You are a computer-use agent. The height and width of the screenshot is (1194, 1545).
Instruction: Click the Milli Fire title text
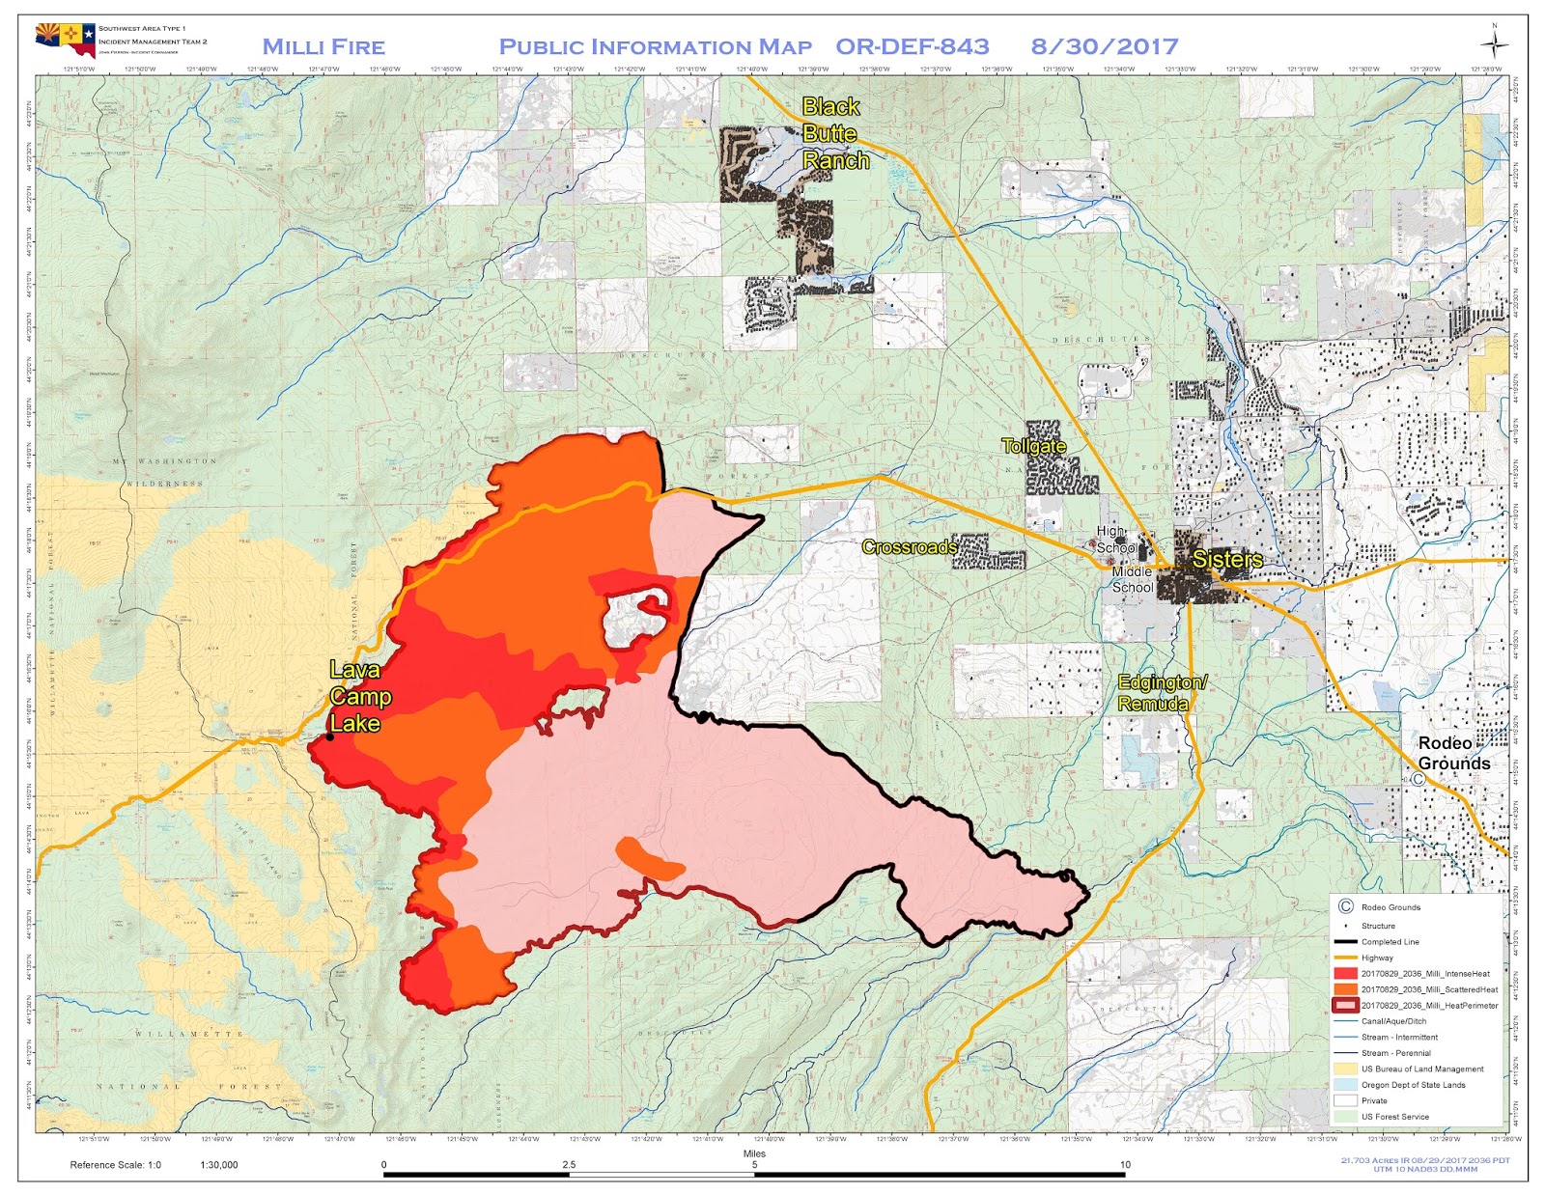point(323,46)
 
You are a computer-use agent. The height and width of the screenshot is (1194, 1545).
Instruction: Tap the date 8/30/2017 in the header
point(1104,46)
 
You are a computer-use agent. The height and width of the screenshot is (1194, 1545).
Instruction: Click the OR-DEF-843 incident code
point(912,46)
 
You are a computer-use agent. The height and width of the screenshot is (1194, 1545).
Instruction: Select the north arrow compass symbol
point(1494,44)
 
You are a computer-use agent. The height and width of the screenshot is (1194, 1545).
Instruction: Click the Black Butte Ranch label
point(834,133)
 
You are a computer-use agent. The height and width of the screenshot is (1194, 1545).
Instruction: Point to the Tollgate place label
point(1033,446)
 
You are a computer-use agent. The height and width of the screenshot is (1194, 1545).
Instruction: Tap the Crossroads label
point(909,547)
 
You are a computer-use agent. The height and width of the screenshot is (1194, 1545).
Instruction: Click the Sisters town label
point(1227,560)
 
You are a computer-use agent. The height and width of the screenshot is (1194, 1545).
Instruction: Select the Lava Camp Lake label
point(359,696)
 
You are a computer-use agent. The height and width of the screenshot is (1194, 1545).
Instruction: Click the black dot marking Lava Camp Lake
point(330,736)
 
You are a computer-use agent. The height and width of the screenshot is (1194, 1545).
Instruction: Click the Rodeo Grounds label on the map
point(1453,753)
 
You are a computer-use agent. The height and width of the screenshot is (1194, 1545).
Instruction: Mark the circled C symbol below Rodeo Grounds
point(1419,779)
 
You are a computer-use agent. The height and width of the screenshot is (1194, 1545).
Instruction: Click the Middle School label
point(1132,579)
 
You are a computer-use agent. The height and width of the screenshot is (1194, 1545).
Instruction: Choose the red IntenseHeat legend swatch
point(1345,974)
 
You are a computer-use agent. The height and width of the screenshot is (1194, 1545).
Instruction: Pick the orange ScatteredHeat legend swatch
point(1345,989)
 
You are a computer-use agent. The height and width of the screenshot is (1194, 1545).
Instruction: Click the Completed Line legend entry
point(1390,942)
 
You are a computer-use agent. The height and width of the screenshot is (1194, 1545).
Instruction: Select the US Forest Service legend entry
point(1394,1117)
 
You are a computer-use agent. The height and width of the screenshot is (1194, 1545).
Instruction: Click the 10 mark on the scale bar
point(1125,1165)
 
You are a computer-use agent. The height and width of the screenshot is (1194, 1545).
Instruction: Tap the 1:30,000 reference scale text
point(219,1165)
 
